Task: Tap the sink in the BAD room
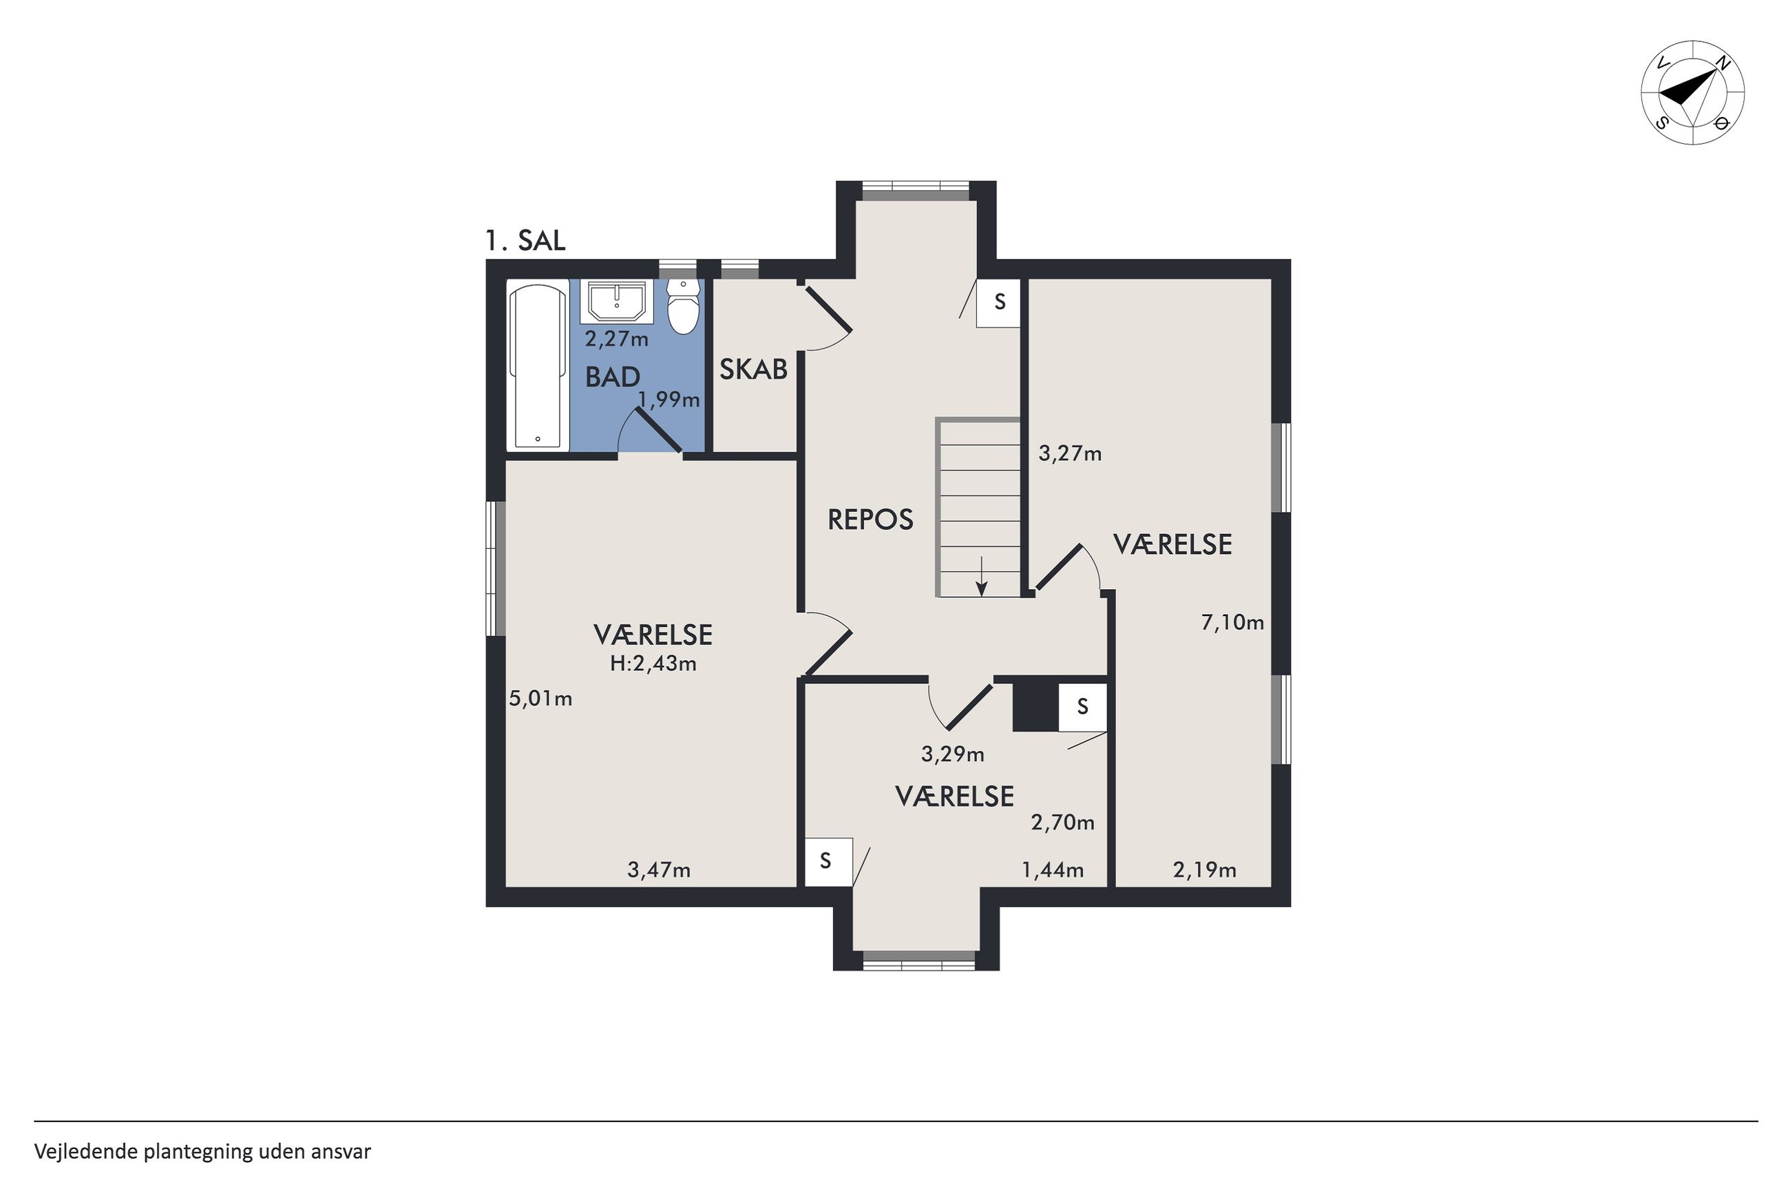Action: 616,302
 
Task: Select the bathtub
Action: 538,366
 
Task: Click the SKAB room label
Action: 753,370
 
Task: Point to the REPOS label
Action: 870,520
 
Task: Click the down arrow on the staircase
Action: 981,576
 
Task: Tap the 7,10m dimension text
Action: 1232,622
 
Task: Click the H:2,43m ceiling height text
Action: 653,664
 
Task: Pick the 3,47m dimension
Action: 659,869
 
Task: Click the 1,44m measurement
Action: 1052,869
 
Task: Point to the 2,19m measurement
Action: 1204,869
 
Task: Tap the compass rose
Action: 1693,94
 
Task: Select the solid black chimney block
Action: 1035,708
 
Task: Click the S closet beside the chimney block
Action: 1082,708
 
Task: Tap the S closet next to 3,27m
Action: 999,303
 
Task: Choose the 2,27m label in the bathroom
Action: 616,339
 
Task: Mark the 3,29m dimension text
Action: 952,754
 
